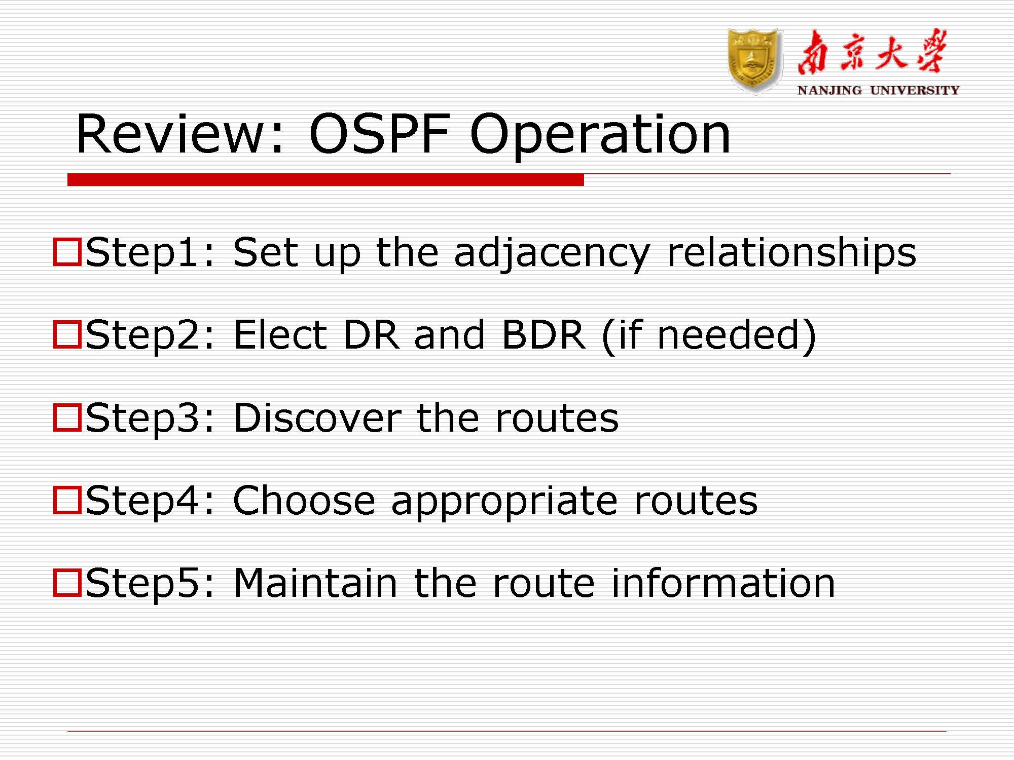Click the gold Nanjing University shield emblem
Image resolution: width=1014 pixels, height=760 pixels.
point(754,61)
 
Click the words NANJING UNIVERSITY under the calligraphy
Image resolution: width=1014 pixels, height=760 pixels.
point(878,90)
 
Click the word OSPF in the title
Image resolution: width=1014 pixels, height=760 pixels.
point(379,134)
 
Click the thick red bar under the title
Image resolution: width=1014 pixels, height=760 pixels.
point(325,180)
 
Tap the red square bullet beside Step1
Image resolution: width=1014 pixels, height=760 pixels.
point(67,252)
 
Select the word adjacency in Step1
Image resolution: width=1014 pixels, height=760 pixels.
point(552,253)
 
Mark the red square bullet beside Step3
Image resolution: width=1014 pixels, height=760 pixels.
point(67,417)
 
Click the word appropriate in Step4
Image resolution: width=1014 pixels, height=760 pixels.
point(504,503)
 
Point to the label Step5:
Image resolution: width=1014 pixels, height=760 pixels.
point(150,584)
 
